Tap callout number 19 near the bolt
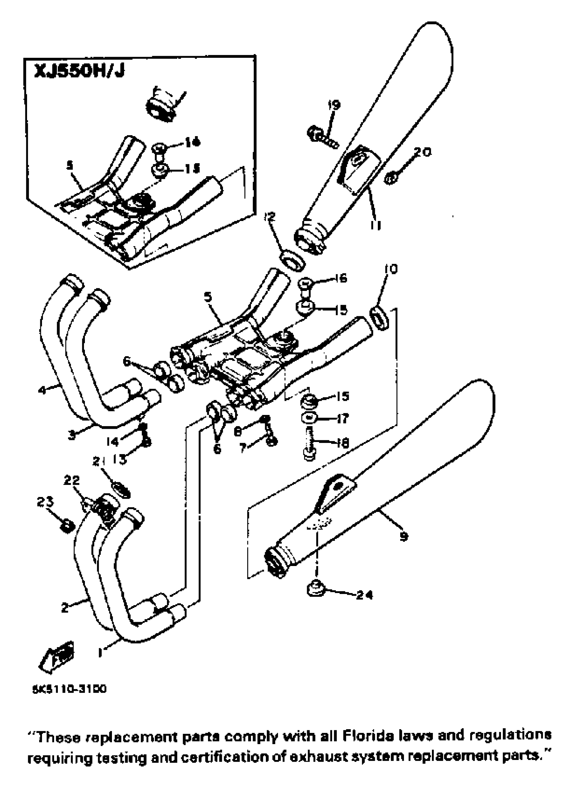click(x=334, y=105)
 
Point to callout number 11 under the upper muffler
click(x=375, y=225)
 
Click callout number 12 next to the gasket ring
click(x=269, y=217)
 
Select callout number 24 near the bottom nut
click(x=364, y=595)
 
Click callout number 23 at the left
click(x=45, y=502)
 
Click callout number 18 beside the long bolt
click(x=343, y=443)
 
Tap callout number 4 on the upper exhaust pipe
click(x=42, y=390)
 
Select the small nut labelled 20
click(x=391, y=179)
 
